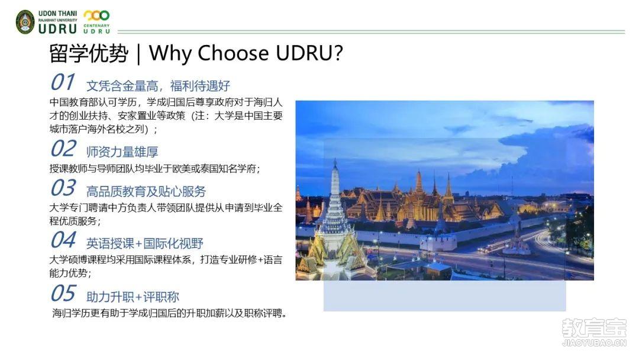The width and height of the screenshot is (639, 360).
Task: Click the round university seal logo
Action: point(25,22)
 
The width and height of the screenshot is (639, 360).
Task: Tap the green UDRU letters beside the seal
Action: point(57,28)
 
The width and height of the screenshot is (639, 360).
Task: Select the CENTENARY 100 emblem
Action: point(96,22)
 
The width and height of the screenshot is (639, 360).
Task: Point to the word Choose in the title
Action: point(233,53)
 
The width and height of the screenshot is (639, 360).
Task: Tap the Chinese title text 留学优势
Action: point(89,53)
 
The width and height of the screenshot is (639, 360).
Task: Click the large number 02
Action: point(63,148)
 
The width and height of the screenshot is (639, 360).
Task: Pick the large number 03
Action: point(63,188)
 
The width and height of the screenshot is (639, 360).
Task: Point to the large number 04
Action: point(63,240)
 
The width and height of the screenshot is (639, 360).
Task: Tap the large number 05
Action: point(63,292)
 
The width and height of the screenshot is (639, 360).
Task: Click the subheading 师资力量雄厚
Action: point(122,152)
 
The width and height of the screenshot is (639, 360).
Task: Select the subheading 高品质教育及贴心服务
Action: point(146,191)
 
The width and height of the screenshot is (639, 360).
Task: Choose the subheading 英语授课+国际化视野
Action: point(145,243)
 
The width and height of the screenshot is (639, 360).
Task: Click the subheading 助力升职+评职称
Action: point(133,297)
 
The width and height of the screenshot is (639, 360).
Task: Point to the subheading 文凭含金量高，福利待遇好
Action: point(158,86)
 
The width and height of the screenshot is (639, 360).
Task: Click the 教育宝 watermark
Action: point(594,328)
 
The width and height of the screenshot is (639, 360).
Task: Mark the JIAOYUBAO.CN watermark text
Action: point(594,343)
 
